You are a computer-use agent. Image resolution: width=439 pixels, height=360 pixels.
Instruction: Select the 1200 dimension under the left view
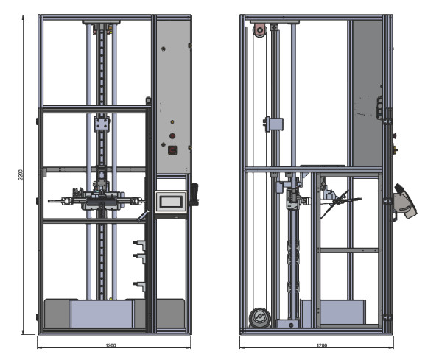[111, 345]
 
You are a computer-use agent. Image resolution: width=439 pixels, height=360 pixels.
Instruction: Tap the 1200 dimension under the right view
[322, 345]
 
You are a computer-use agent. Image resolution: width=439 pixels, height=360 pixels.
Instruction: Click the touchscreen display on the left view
[171, 202]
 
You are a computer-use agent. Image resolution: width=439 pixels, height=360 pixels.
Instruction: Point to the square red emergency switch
[172, 150]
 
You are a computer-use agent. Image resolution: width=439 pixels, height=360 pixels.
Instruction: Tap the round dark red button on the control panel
[172, 136]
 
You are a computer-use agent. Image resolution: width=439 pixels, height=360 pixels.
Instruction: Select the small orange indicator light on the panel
[172, 122]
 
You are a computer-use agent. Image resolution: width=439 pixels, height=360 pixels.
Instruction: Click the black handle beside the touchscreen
[194, 194]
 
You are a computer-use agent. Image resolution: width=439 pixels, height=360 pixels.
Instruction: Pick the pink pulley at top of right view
[260, 29]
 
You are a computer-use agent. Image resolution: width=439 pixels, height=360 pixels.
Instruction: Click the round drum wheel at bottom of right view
[260, 317]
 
